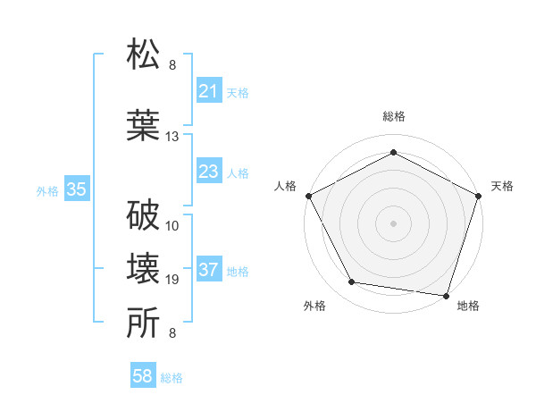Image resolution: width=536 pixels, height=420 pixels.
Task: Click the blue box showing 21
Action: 209,91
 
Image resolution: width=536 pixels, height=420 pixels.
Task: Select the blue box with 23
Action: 209,172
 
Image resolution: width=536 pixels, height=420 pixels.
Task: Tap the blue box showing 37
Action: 209,270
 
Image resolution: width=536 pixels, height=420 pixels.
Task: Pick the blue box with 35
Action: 77,189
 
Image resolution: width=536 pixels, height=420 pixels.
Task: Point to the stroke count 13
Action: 172,137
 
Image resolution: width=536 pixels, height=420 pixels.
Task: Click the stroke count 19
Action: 172,280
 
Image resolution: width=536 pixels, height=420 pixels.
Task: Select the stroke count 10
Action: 172,224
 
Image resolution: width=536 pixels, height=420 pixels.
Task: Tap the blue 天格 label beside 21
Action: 238,92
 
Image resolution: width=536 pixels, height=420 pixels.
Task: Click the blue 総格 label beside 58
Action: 172,378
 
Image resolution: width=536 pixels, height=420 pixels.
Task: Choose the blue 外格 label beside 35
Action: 47,190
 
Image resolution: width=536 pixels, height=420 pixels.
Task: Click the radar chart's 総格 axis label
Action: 393,117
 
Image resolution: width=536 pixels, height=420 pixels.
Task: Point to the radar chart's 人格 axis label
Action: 286,186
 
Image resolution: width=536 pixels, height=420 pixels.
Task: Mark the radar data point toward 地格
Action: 447,295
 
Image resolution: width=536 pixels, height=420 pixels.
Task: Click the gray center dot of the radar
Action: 393,223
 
